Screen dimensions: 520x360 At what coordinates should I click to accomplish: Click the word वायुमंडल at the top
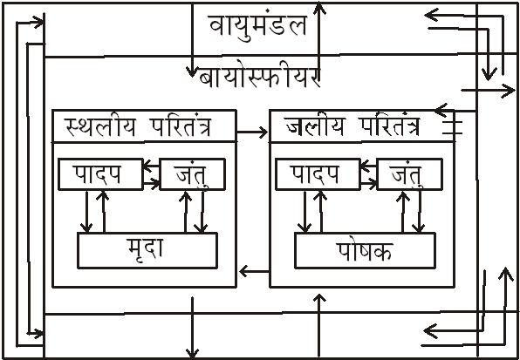tap(257, 26)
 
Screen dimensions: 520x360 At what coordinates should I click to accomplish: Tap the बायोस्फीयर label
tap(260, 78)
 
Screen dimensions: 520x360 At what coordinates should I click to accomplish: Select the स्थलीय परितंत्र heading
tap(139, 127)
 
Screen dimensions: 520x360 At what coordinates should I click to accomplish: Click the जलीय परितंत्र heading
tap(352, 126)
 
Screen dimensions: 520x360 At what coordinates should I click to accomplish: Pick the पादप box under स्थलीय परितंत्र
tap(101, 174)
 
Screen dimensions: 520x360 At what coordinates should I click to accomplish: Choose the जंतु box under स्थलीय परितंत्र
tap(193, 174)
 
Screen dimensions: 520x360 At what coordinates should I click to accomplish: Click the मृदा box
tap(147, 250)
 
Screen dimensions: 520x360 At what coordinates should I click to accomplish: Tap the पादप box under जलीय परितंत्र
tap(318, 174)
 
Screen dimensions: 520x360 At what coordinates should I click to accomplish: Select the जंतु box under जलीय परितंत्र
tap(410, 174)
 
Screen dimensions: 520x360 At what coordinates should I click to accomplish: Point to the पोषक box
tap(365, 250)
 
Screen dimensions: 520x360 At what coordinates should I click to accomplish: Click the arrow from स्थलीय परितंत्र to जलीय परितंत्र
tap(252, 132)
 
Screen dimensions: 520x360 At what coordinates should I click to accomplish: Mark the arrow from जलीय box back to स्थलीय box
tap(255, 271)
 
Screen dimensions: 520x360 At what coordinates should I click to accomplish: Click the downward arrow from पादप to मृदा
tap(86, 211)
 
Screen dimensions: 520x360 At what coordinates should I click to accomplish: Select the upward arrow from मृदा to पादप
tap(104, 211)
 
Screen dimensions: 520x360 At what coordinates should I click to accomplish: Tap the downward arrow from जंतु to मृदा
tap(202, 211)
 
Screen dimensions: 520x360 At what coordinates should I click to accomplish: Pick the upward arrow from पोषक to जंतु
tap(403, 211)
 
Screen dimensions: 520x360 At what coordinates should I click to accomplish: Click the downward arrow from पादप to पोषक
tap(304, 211)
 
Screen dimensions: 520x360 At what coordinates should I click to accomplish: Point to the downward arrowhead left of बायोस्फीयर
tap(192, 71)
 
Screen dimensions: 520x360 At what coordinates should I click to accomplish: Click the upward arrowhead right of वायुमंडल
tap(319, 8)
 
